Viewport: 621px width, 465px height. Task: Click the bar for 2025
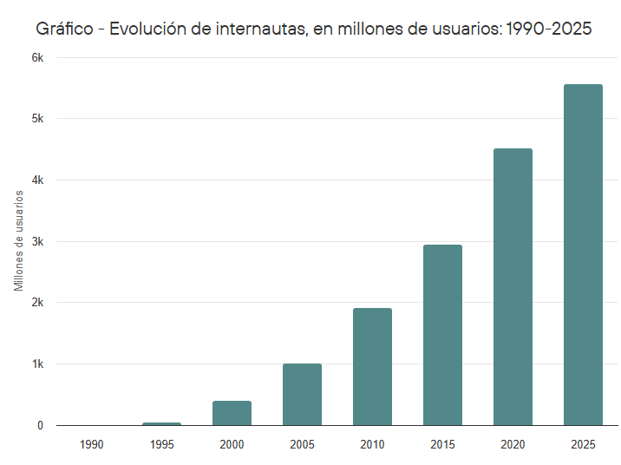[583, 255]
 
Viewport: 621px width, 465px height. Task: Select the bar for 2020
[513, 287]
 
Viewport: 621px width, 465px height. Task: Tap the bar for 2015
[442, 335]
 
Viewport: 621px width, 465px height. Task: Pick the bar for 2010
[372, 367]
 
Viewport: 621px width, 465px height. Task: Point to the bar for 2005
[302, 395]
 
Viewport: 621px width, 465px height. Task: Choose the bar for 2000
[232, 413]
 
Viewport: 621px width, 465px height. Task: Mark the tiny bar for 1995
[161, 423]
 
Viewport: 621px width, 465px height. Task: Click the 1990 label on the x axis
[91, 444]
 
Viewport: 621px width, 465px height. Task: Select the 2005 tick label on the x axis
[302, 444]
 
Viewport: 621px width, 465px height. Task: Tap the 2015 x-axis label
[442, 444]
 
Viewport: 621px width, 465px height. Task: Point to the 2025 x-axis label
[583, 444]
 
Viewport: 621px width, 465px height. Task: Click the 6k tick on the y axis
[37, 57]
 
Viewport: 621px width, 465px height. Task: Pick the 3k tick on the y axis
[37, 241]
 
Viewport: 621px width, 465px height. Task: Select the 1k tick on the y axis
[37, 364]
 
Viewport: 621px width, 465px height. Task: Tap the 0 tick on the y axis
[40, 425]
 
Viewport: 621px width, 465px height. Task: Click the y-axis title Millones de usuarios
[18, 240]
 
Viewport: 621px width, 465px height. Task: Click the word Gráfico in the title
[64, 29]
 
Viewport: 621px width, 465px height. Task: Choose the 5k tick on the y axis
[37, 119]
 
